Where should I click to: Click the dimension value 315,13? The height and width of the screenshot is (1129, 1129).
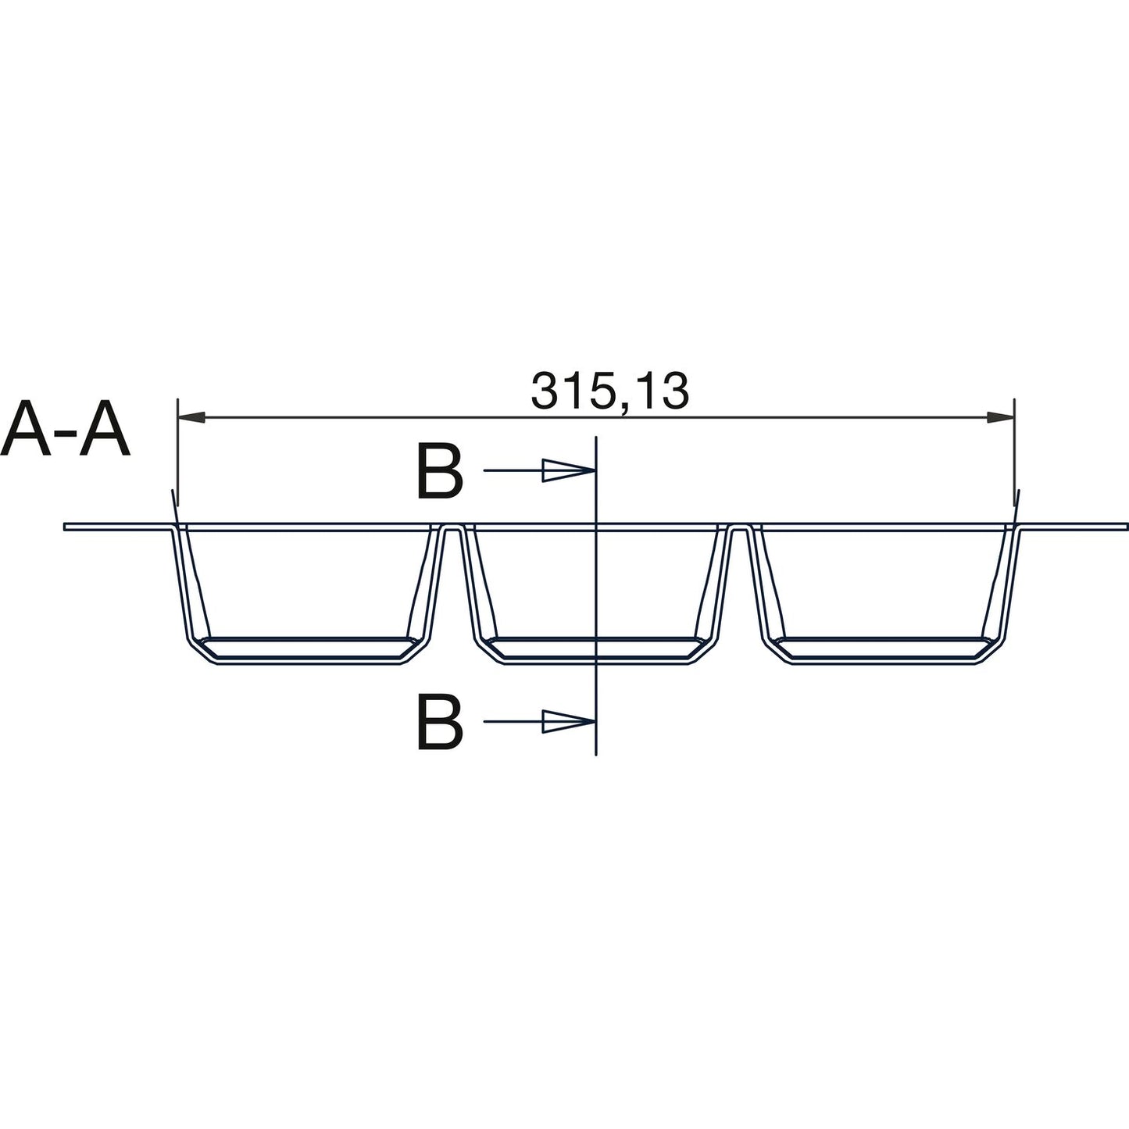[609, 391]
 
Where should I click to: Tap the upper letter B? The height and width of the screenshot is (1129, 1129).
[440, 473]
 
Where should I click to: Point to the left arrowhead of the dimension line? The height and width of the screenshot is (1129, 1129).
[191, 418]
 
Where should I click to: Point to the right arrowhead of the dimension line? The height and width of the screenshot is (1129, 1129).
[1001, 418]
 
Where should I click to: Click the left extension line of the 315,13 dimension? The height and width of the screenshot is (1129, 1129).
[178, 453]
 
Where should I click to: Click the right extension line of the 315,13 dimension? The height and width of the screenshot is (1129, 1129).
[1014, 453]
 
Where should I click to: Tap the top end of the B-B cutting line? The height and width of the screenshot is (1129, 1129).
[596, 438]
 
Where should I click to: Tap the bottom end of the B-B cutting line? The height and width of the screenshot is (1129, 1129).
[596, 754]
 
